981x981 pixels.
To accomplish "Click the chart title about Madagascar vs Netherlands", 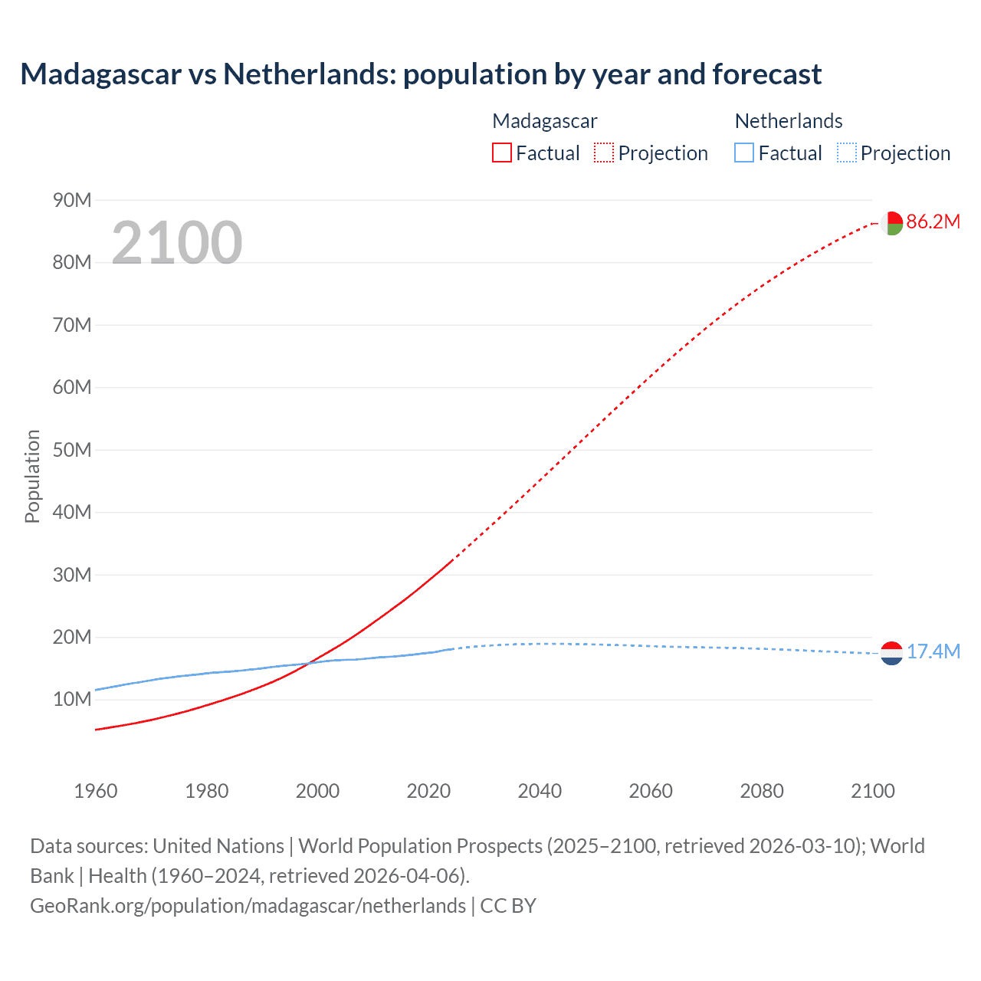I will pyautogui.click(x=421, y=74).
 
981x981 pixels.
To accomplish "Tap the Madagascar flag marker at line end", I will pyautogui.click(x=891, y=223).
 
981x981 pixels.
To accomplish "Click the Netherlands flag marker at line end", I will pyautogui.click(x=891, y=653).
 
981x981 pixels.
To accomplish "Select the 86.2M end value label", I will pyautogui.click(x=933, y=222).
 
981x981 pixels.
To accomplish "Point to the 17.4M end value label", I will pyautogui.click(x=933, y=652).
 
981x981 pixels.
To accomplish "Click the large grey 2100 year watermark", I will pyautogui.click(x=176, y=243).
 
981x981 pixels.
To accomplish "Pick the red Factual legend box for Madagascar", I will pyautogui.click(x=501, y=153).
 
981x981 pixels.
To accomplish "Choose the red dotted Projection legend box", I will pyautogui.click(x=604, y=153).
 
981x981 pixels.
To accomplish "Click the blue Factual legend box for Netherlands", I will pyautogui.click(x=744, y=153).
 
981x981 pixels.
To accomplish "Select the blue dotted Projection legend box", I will pyautogui.click(x=846, y=153).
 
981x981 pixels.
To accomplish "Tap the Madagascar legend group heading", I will pyautogui.click(x=544, y=121).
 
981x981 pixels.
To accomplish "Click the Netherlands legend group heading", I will pyautogui.click(x=788, y=121).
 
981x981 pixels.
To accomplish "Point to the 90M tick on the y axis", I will pyautogui.click(x=72, y=200).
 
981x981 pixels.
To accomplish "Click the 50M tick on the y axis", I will pyautogui.click(x=72, y=450).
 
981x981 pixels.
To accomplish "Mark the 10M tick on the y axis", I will pyautogui.click(x=72, y=700).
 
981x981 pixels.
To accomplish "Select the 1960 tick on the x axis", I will pyautogui.click(x=96, y=791).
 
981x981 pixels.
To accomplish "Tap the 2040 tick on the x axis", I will pyautogui.click(x=540, y=791).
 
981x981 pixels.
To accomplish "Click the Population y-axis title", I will pyautogui.click(x=32, y=476).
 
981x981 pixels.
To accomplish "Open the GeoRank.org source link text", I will pyautogui.click(x=248, y=906).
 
